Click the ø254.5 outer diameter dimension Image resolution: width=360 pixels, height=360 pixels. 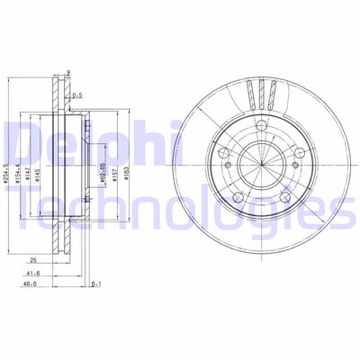8,166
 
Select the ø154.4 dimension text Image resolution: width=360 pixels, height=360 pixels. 20,166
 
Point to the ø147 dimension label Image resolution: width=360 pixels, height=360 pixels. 30,166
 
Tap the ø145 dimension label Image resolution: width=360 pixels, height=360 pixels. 40,166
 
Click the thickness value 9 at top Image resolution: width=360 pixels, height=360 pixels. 69,73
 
